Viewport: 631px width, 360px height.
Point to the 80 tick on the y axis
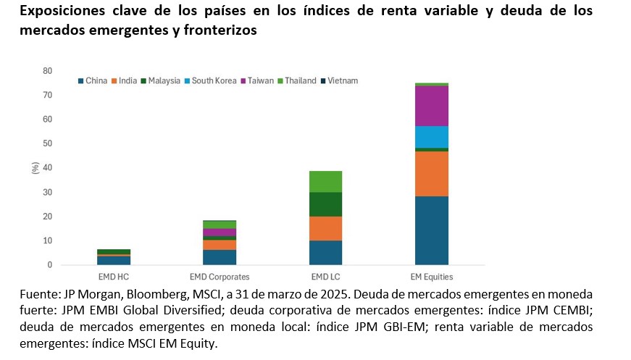tap(47, 71)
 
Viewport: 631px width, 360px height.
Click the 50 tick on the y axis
tap(47, 143)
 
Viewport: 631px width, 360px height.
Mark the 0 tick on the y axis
tap(49, 265)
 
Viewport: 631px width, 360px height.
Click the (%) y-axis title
tap(33, 167)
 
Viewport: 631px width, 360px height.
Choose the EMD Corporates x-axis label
tap(219, 277)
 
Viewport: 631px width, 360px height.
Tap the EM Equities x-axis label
tap(431, 277)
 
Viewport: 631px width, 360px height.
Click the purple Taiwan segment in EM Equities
tap(431, 106)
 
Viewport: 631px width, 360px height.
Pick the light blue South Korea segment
tap(431, 137)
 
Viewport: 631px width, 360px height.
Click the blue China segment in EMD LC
tap(325, 253)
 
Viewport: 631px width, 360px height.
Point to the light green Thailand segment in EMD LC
tap(325, 181)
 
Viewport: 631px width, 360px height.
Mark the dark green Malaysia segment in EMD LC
tap(325, 204)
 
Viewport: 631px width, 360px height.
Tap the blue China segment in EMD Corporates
tap(219, 257)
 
